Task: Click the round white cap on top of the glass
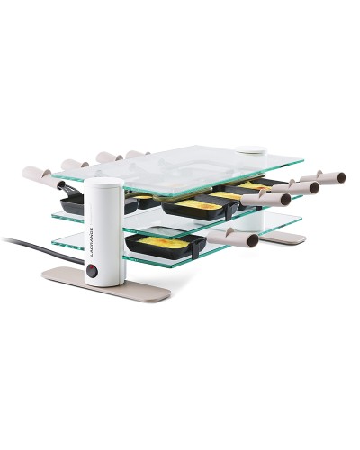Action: pos(245,154)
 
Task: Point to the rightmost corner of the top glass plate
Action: pos(302,162)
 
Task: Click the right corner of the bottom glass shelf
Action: pos(301,217)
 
